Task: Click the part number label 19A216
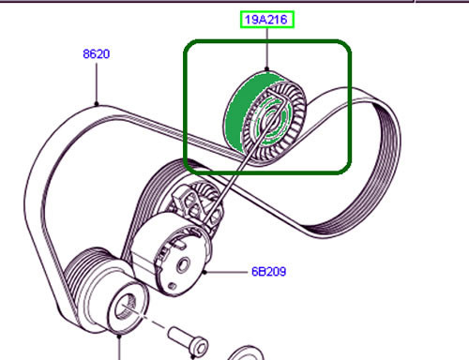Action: [x=268, y=18]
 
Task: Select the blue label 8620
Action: [x=96, y=53]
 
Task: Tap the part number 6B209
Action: [x=268, y=272]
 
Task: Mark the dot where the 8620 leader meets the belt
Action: [x=96, y=101]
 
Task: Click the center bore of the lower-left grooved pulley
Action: [x=125, y=306]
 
